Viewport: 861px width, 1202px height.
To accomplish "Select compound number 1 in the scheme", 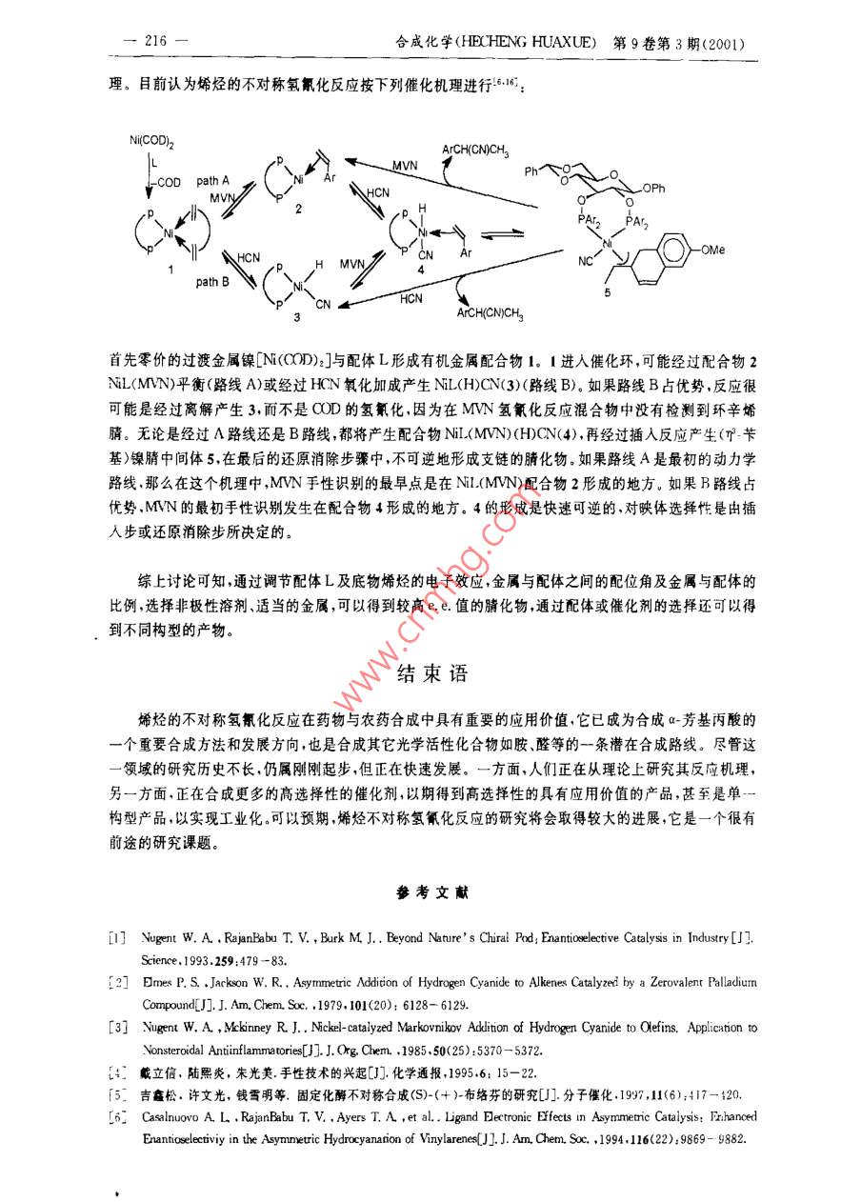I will click(170, 270).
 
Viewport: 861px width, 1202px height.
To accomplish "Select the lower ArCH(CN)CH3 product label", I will click(490, 312).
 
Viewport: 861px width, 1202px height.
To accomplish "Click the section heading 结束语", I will click(431, 673).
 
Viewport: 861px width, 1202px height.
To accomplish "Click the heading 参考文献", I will click(430, 893).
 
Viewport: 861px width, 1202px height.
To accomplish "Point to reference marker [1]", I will click(116, 938).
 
